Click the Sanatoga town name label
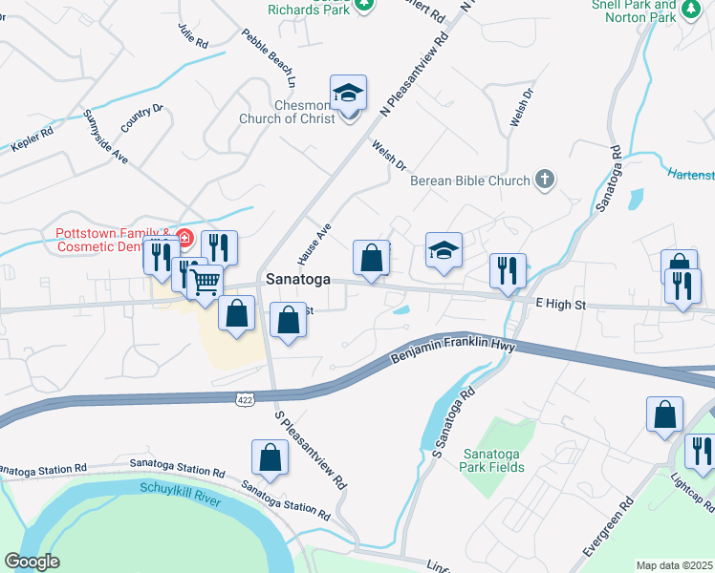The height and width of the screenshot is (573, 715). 298,280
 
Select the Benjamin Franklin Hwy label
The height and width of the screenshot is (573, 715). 453,350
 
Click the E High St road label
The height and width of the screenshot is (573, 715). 559,304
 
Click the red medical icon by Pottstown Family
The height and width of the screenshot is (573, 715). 184,236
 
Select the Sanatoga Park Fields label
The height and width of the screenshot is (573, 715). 493,460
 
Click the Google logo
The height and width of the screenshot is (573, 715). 32,562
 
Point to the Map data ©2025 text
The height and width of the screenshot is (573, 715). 674,565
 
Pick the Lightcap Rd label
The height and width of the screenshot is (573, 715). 692,489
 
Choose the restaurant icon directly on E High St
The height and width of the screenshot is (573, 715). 508,269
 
